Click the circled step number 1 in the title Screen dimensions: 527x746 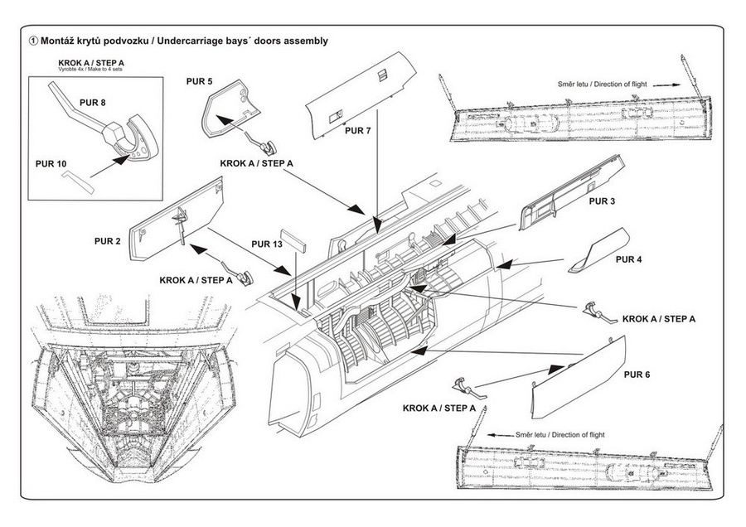pos(33,40)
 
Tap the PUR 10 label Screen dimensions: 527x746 pos(51,164)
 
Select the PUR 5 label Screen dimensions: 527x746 pos(199,81)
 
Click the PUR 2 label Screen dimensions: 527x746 pos(108,241)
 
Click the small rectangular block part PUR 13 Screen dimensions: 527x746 pos(294,239)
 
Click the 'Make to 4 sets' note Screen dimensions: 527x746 pos(104,70)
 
